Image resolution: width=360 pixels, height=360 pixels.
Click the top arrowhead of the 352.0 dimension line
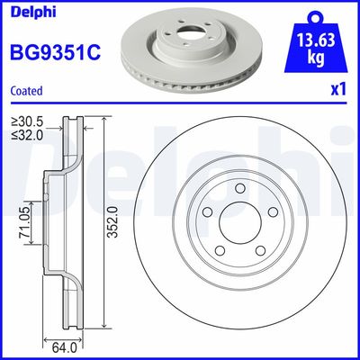pos(104,121)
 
